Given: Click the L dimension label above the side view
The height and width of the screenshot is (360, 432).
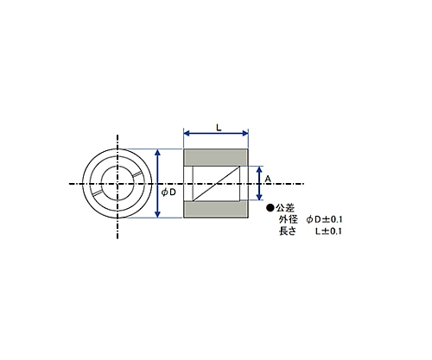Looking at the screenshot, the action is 219,128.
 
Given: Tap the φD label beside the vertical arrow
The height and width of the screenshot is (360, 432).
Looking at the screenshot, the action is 168,193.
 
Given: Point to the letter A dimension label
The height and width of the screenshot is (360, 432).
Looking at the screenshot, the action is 268,179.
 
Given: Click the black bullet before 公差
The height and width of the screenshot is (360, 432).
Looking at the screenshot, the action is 270,207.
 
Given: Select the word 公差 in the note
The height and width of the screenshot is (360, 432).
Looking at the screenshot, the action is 285,208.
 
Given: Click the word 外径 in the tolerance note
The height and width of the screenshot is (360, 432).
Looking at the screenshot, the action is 288,219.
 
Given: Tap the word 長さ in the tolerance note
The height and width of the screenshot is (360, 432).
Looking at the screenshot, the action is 288,231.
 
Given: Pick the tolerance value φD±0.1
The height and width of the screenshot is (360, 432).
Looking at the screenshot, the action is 324,219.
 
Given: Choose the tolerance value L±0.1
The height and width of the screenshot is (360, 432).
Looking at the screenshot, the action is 328,231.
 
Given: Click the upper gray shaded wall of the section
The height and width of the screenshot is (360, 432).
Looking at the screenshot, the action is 216,157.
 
